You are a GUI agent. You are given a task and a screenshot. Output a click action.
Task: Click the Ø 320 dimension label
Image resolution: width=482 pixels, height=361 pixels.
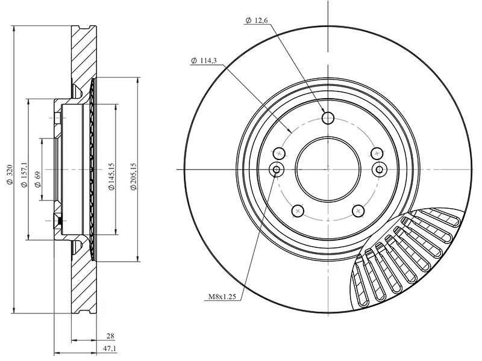click(x=10, y=174)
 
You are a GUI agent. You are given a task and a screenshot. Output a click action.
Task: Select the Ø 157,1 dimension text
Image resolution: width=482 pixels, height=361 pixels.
click(x=23, y=175)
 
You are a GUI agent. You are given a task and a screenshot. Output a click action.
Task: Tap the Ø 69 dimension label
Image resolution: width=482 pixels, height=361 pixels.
click(x=37, y=180)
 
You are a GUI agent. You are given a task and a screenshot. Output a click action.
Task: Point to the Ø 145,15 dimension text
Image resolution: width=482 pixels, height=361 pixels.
click(x=111, y=176)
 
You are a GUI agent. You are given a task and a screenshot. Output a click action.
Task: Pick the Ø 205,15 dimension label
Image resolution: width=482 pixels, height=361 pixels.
click(x=133, y=176)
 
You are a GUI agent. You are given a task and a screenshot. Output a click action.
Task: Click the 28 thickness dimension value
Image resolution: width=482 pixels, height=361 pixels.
click(x=110, y=336)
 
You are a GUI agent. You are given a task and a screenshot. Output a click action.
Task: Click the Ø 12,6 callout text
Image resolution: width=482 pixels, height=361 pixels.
click(x=257, y=20)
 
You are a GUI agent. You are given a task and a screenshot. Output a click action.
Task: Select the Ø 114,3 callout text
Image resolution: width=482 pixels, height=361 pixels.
click(x=204, y=61)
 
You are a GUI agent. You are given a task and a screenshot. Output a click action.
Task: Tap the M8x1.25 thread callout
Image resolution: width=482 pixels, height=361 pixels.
click(x=222, y=297)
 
